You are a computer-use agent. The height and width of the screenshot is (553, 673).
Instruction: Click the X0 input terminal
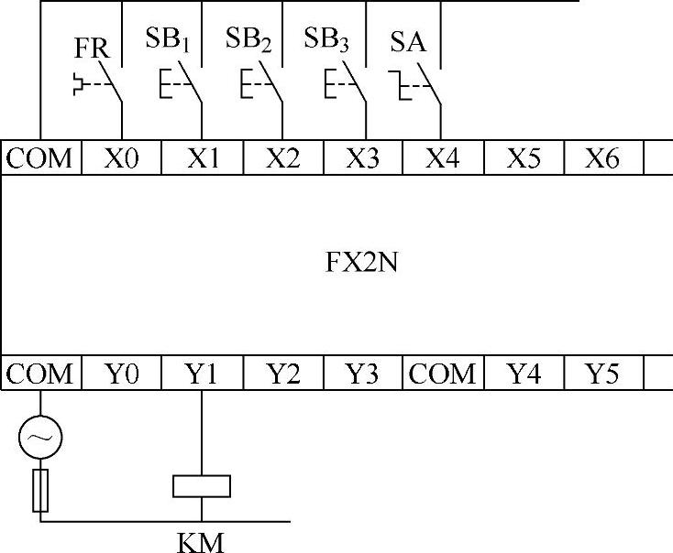(122, 157)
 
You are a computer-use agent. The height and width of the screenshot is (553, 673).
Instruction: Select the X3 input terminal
(364, 157)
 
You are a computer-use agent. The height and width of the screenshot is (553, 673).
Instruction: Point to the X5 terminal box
(523, 157)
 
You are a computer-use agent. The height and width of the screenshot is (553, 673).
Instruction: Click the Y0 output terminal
(122, 374)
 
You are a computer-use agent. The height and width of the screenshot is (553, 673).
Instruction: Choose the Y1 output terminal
(202, 374)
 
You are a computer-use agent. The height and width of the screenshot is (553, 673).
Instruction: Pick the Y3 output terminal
(364, 374)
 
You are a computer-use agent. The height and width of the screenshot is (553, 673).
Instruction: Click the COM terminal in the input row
(40, 157)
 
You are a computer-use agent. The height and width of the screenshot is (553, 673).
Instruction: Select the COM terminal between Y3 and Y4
(443, 374)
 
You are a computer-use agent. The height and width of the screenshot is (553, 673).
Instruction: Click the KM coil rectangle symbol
(201, 485)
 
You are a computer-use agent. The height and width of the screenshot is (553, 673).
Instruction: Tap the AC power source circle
(40, 439)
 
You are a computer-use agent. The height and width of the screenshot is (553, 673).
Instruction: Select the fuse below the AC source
(40, 490)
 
